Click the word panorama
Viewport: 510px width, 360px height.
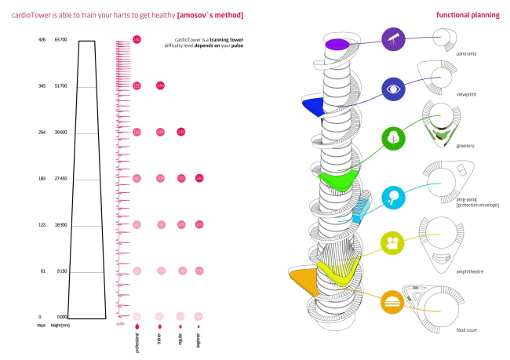[x=467, y=54]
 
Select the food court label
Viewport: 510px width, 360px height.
[x=468, y=330]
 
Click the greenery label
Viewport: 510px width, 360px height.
[x=466, y=145]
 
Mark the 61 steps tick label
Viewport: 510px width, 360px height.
[x=42, y=271]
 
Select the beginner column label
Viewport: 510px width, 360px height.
[x=199, y=339]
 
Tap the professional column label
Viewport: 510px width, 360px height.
[x=137, y=342]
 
